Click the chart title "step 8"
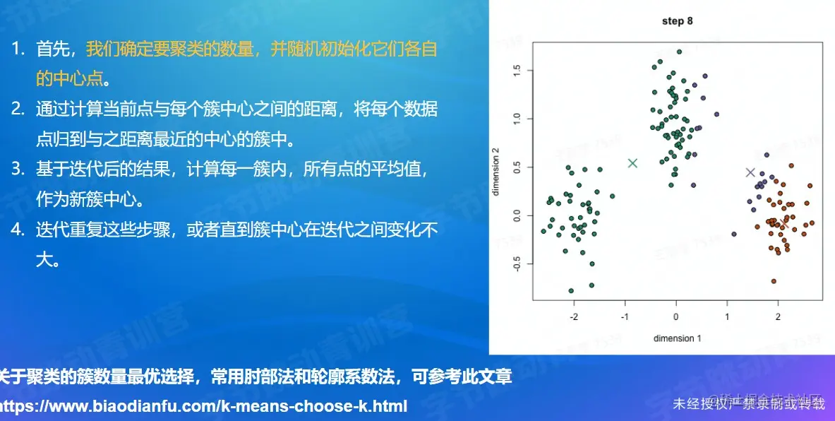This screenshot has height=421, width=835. point(677,21)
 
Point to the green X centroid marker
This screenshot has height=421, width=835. point(632,163)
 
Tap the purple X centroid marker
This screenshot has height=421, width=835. point(750,172)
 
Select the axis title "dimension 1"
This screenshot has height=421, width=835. point(677,338)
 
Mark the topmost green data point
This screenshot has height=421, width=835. point(679,52)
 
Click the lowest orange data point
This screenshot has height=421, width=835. point(774,281)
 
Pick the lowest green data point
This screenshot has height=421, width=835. point(571,290)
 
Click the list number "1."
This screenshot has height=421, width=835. point(18,49)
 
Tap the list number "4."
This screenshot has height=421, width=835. point(18,230)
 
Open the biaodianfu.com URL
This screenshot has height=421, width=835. point(204,407)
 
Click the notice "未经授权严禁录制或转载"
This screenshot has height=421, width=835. point(748,404)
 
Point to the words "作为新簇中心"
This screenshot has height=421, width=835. point(89,199)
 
